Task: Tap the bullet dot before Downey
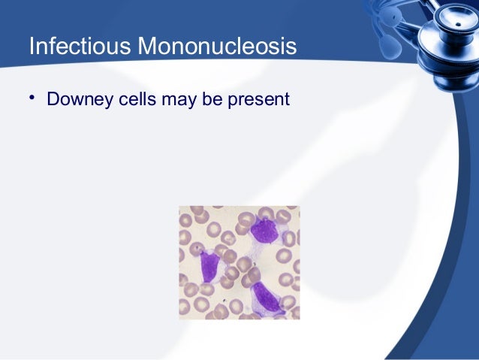(32, 98)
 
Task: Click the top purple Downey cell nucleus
(264, 230)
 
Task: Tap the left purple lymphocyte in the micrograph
(209, 265)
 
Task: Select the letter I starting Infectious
(31, 47)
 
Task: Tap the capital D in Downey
(53, 98)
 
